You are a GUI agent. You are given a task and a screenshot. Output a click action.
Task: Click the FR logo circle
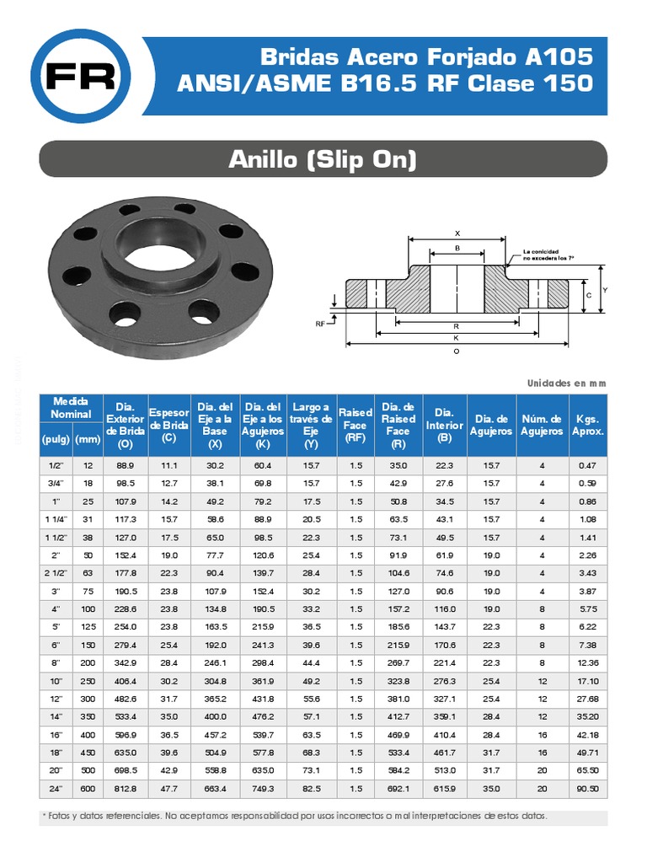81,76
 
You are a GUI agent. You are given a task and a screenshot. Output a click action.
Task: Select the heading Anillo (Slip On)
323,158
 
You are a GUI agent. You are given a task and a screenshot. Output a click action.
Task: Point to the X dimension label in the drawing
457,233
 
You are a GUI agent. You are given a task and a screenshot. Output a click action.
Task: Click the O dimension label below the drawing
457,351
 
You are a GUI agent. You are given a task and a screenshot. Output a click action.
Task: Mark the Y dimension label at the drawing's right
605,289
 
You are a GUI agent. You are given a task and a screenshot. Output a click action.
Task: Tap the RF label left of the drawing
321,323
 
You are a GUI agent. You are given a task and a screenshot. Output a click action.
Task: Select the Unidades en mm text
566,383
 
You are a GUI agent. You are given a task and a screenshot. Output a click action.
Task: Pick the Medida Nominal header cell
71,408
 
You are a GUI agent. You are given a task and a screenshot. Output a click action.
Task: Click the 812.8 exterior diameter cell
126,788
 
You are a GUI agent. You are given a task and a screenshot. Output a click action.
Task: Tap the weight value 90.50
588,788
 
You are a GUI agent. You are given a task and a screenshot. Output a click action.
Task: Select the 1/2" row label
56,465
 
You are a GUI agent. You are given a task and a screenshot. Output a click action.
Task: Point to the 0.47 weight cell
588,465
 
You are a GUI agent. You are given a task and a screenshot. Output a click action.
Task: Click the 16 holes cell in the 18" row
542,752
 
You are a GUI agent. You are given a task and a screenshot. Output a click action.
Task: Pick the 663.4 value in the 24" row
216,788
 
